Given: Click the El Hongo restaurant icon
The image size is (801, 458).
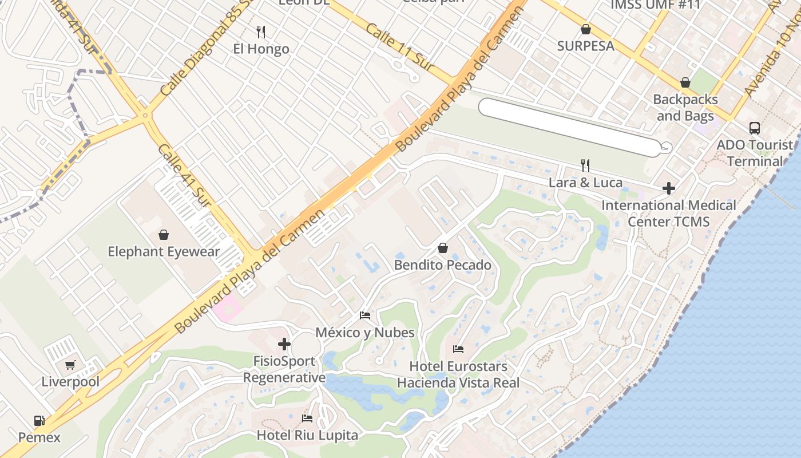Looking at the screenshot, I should click(261, 31).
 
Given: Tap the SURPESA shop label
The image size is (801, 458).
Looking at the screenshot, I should click(586, 46).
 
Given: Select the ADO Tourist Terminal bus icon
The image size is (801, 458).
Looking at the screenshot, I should click(755, 128).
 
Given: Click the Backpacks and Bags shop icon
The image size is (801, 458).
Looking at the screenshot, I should click(685, 82).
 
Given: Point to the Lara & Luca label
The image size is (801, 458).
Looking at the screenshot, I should click(585, 183).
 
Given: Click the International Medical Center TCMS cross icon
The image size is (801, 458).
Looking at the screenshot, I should click(668, 188).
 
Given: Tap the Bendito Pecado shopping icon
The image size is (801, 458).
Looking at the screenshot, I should click(442, 248).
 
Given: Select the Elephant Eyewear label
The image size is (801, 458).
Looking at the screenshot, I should click(164, 251).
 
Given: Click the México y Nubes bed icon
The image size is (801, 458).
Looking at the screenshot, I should click(365, 315).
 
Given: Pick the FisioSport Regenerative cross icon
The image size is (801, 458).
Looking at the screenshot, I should click(284, 344).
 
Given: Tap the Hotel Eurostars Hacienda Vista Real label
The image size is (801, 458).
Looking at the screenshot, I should click(458, 374).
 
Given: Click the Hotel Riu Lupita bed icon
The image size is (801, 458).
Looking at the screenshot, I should click(307, 418).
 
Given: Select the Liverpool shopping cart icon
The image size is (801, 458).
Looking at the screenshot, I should click(70, 365).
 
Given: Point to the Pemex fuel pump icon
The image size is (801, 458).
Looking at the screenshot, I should click(39, 421).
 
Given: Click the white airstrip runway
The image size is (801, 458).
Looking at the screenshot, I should click(569, 128).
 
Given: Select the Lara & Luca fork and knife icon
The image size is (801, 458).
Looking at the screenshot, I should click(585, 165).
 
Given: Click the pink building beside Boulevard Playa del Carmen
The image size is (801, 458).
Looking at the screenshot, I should click(228, 309).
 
